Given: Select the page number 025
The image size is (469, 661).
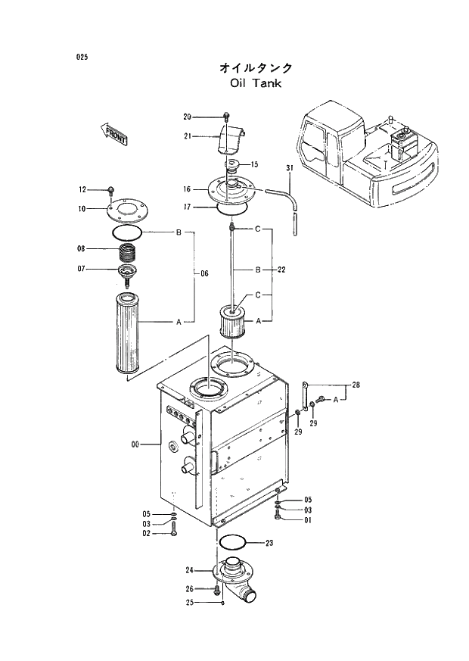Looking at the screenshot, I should [x=82, y=57].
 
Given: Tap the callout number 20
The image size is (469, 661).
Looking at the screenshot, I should [x=187, y=117].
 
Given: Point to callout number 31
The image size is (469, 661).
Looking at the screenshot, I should [x=289, y=167].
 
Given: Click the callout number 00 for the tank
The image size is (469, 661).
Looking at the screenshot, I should [x=135, y=445].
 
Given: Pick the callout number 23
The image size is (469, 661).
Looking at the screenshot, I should [x=269, y=543].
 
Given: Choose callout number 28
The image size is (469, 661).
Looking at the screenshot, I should [x=356, y=385].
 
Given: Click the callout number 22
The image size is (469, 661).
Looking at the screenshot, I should [x=281, y=270].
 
